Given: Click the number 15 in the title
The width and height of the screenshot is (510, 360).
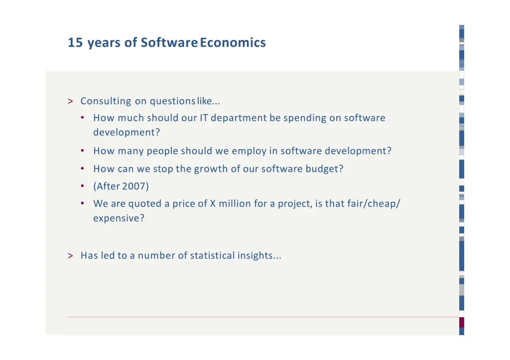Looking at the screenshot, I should [75, 43].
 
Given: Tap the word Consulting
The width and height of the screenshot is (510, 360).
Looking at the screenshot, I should [106, 102].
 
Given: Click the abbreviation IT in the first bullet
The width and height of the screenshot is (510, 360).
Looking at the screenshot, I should [204, 119].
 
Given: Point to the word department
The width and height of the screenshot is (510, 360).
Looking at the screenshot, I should [239, 119].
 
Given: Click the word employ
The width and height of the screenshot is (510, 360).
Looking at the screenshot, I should [249, 151].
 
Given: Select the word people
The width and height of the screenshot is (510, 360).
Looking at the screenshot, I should [162, 151].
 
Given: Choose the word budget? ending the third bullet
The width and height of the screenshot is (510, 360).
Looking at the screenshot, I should [324, 169].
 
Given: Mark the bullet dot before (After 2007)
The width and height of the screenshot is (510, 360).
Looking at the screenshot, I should [82, 187].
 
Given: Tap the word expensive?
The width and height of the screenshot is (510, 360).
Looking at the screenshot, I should [119, 219].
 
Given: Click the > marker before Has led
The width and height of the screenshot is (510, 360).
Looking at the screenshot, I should [70, 256].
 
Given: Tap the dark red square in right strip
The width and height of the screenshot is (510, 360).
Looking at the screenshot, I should [462, 322].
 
